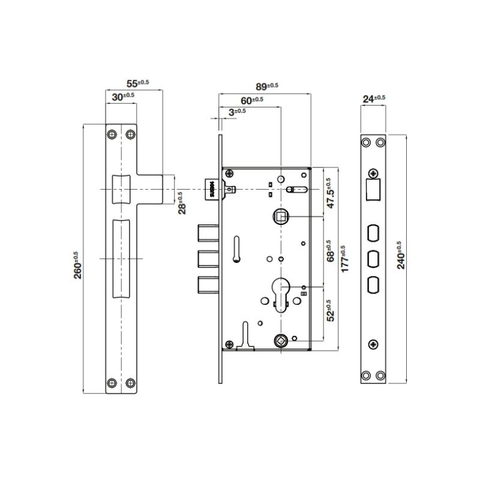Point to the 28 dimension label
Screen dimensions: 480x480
(181, 202)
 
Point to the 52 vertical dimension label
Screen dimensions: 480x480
(328, 310)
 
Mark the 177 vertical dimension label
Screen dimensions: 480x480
(344, 259)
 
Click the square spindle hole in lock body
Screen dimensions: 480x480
(280, 215)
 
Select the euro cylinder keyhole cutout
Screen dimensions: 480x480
(280, 290)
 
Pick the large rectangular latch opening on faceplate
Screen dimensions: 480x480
(373, 191)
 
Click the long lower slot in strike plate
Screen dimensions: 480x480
(121, 259)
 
